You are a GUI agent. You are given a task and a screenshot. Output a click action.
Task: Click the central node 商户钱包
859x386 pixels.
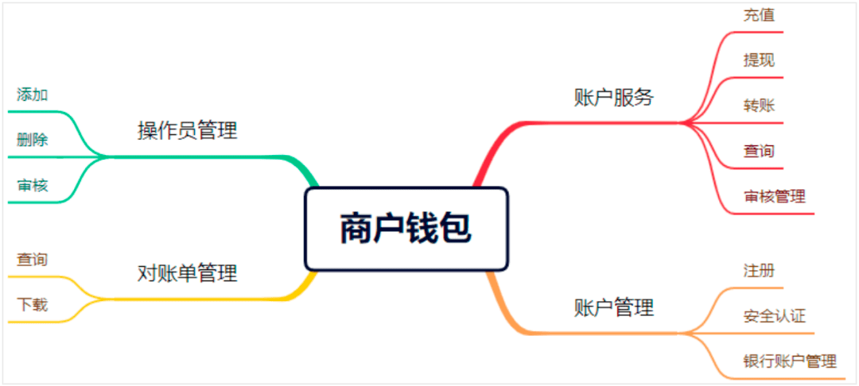[406, 229]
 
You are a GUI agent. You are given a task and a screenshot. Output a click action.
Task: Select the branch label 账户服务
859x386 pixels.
[613, 97]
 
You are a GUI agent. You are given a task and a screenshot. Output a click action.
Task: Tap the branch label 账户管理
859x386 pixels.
[613, 307]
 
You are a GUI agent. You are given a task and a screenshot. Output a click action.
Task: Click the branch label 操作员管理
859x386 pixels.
[188, 130]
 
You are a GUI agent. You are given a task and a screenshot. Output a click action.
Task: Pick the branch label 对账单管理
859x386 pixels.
[188, 274]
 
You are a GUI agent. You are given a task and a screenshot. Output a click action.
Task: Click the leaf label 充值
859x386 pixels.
[759, 14]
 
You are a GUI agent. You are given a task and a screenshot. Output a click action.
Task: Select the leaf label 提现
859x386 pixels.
[759, 60]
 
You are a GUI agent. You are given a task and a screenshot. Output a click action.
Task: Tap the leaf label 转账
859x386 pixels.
[759, 105]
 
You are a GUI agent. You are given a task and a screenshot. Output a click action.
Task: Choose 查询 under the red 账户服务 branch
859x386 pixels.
[759, 150]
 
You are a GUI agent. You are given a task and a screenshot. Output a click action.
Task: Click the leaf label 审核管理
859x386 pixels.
[774, 196]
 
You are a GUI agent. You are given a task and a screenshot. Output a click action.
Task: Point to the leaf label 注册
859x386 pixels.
[759, 270]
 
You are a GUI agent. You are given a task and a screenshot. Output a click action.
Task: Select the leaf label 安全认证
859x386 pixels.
[774, 316]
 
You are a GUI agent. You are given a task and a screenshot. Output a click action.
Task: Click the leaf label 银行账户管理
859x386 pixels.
[789, 361]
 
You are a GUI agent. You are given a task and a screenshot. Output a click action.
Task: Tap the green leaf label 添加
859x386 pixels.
[33, 95]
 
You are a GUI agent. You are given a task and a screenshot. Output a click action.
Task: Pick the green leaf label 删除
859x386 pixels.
[33, 140]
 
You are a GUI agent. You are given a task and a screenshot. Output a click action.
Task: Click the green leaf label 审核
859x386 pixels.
[33, 186]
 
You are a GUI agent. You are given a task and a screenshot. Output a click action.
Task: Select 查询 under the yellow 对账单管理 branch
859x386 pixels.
[33, 259]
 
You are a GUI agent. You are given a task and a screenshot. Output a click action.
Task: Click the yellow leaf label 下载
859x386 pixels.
[33, 304]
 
